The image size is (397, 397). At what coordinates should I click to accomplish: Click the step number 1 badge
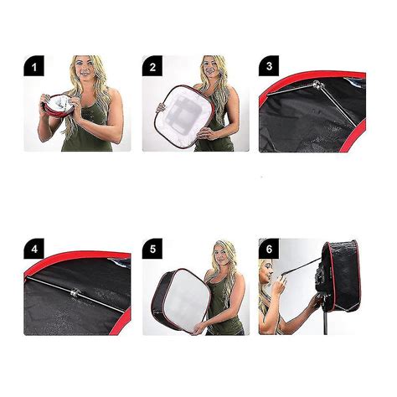[34, 66]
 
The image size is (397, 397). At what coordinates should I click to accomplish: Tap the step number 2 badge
[152, 66]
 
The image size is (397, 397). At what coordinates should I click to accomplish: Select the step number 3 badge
[269, 66]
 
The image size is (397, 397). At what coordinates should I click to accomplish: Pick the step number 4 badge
[34, 249]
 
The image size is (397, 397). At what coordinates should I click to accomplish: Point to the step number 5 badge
[152, 249]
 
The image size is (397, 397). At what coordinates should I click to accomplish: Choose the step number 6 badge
[269, 249]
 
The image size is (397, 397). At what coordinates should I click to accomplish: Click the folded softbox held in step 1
[59, 106]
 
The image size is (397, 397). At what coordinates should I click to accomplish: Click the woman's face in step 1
[85, 67]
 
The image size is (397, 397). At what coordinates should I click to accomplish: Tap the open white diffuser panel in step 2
[183, 116]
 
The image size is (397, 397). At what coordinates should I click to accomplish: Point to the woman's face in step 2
[211, 68]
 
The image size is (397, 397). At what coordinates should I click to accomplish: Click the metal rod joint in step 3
[317, 85]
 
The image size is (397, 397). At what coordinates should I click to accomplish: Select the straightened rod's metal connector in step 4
[75, 293]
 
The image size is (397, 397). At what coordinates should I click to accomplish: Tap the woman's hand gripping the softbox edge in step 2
[161, 108]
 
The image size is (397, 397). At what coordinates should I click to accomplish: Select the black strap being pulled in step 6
[302, 266]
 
